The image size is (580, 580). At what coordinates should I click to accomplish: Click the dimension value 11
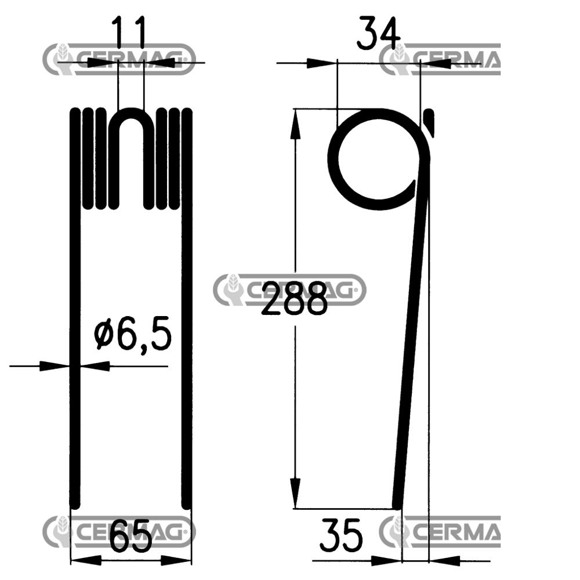click(128, 33)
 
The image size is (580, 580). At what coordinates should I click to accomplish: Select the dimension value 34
click(378, 33)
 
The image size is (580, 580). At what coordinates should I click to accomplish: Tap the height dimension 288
click(294, 298)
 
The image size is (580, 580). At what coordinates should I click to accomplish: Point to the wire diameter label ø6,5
click(133, 336)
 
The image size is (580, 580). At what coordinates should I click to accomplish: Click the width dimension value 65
click(130, 536)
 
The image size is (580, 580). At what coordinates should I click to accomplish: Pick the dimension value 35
click(341, 536)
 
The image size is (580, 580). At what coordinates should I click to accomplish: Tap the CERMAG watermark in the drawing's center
click(290, 290)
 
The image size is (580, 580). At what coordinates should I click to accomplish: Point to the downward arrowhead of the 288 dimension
click(295, 493)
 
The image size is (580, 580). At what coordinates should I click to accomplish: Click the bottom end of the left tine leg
click(74, 503)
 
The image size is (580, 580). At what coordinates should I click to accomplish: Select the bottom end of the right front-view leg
click(187, 503)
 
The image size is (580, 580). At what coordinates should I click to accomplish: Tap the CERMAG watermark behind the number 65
click(119, 531)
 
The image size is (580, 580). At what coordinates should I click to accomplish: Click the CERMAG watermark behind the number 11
click(119, 59)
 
